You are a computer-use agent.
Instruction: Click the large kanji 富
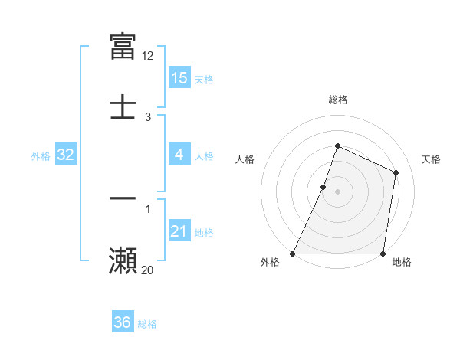coord(123,46)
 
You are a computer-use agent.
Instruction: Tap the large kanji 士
coord(123,106)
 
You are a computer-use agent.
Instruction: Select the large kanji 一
coord(123,198)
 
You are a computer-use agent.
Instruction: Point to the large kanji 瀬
coord(123,260)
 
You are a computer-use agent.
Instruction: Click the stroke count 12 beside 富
coord(148,55)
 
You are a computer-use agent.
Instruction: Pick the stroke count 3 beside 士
coord(148,117)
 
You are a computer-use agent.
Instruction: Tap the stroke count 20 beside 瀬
coord(148,270)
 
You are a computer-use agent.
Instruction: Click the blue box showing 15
coord(179,78)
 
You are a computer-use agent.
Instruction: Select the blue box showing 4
coord(179,155)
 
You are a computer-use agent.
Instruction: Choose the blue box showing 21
coord(179,231)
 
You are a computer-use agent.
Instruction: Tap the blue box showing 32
coord(66,155)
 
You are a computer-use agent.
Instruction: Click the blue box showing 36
coord(123,322)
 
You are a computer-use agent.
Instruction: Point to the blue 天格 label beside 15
coord(204,80)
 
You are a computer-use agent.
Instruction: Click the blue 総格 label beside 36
coord(147,324)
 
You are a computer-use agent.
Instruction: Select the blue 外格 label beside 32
coord(41,156)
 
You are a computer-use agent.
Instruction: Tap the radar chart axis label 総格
coord(337,100)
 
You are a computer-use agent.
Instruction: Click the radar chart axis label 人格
coord(245,159)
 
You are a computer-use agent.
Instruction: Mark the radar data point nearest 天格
coord(396,172)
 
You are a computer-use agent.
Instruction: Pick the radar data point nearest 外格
coord(293,254)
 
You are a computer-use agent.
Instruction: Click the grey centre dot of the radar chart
coord(337,191)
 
